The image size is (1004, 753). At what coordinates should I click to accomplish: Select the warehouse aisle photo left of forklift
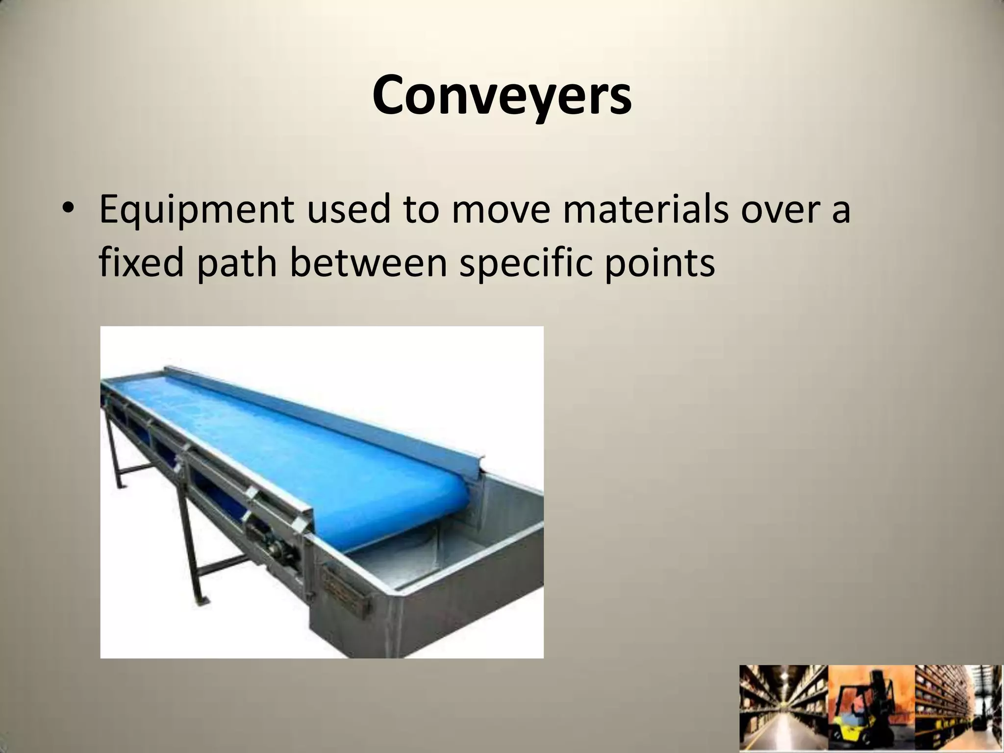[x=783, y=709]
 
